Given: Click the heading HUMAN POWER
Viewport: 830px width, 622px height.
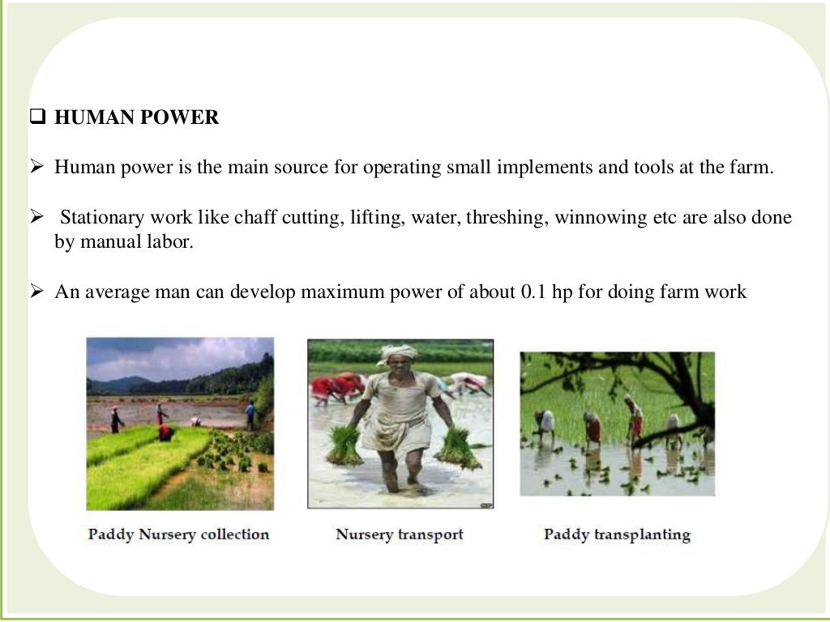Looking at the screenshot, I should [x=136, y=118].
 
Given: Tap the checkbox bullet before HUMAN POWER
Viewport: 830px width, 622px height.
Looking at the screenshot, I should [x=36, y=118].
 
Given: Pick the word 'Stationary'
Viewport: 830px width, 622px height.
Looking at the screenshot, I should [x=102, y=219].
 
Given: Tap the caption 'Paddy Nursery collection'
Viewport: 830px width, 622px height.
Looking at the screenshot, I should [x=178, y=535].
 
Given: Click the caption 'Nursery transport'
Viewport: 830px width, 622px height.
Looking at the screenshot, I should [x=400, y=535].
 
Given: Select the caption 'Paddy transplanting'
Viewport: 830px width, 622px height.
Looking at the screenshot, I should [x=617, y=535].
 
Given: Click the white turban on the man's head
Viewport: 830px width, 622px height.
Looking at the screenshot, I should [x=398, y=353].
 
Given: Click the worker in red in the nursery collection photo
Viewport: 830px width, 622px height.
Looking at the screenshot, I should [x=165, y=432].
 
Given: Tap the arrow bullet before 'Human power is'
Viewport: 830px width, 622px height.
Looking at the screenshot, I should [x=36, y=168].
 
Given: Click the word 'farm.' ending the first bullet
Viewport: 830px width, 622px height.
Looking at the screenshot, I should [x=751, y=168].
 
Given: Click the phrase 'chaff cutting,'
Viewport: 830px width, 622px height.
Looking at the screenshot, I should [x=280, y=219].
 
